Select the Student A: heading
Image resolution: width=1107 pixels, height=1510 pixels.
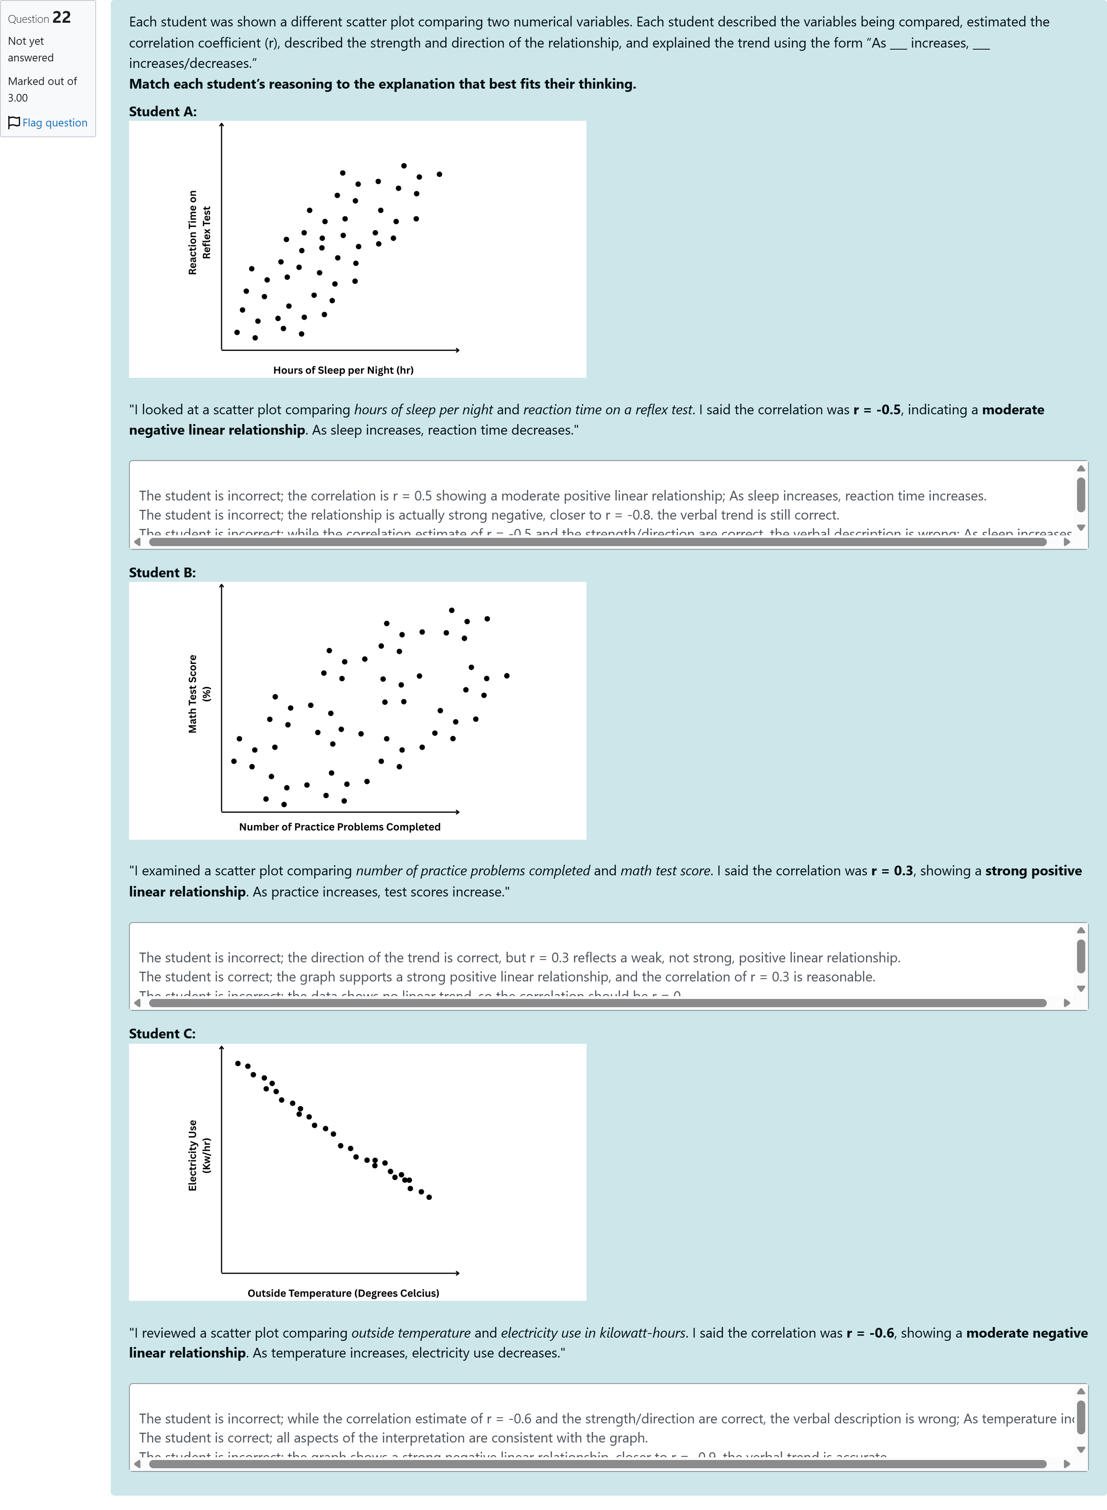(163, 112)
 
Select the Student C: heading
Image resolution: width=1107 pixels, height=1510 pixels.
(162, 1034)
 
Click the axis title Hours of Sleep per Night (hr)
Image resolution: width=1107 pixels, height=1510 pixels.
(343, 370)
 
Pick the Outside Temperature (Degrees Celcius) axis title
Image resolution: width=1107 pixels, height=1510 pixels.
(343, 1293)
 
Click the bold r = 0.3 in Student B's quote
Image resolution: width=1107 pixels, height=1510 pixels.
(892, 871)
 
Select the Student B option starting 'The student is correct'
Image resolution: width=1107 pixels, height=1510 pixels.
(507, 977)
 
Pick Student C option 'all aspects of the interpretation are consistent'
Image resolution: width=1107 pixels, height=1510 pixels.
(393, 1438)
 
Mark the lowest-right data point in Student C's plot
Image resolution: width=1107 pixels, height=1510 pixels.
(429, 1197)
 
